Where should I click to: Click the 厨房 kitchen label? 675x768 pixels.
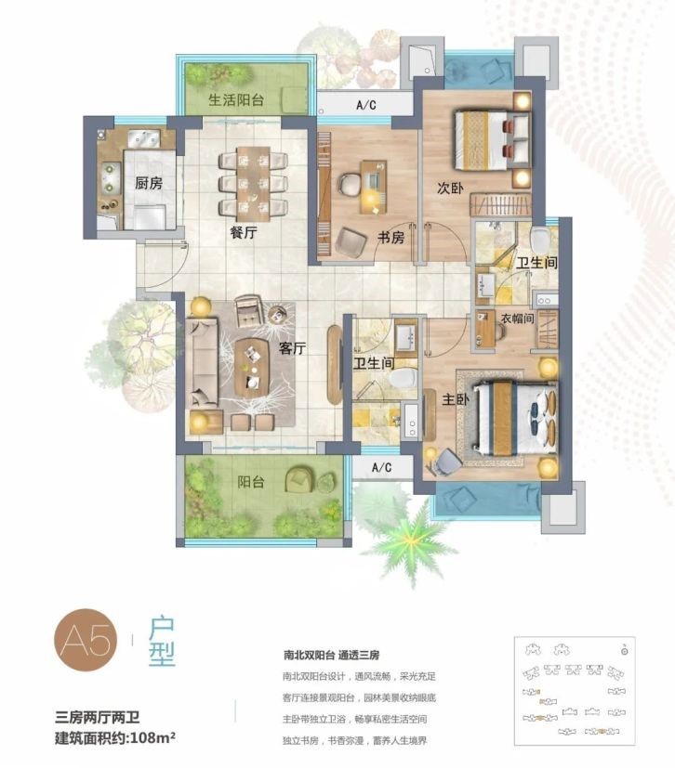pyautogui.click(x=149, y=184)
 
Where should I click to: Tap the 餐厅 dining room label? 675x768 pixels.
pyautogui.click(x=244, y=232)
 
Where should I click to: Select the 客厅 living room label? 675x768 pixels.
pyautogui.click(x=292, y=348)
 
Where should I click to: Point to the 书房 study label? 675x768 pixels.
pyautogui.click(x=390, y=238)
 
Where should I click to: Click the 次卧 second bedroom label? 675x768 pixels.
pyautogui.click(x=450, y=188)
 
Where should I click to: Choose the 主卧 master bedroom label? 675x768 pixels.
pyautogui.click(x=456, y=399)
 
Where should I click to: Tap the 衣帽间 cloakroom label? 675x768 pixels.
pyautogui.click(x=517, y=319)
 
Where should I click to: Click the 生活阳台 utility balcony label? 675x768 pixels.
pyautogui.click(x=236, y=100)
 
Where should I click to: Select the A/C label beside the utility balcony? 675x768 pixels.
pyautogui.click(x=366, y=105)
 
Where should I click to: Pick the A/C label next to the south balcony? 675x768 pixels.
pyautogui.click(x=382, y=467)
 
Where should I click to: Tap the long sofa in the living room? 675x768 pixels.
pyautogui.click(x=202, y=362)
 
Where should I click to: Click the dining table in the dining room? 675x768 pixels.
pyautogui.click(x=254, y=182)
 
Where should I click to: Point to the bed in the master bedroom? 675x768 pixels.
pyautogui.click(x=515, y=416)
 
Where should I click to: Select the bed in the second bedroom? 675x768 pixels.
pyautogui.click(x=492, y=140)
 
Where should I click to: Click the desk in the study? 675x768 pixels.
pyautogui.click(x=373, y=187)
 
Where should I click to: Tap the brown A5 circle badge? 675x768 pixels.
pyautogui.click(x=86, y=640)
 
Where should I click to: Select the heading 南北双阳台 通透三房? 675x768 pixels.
pyautogui.click(x=331, y=656)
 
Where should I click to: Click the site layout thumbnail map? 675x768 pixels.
pyautogui.click(x=575, y=691)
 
